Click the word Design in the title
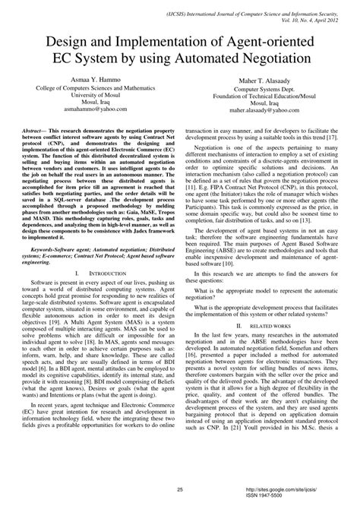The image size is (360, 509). click(55, 40)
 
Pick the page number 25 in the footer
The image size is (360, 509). click(179, 491)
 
